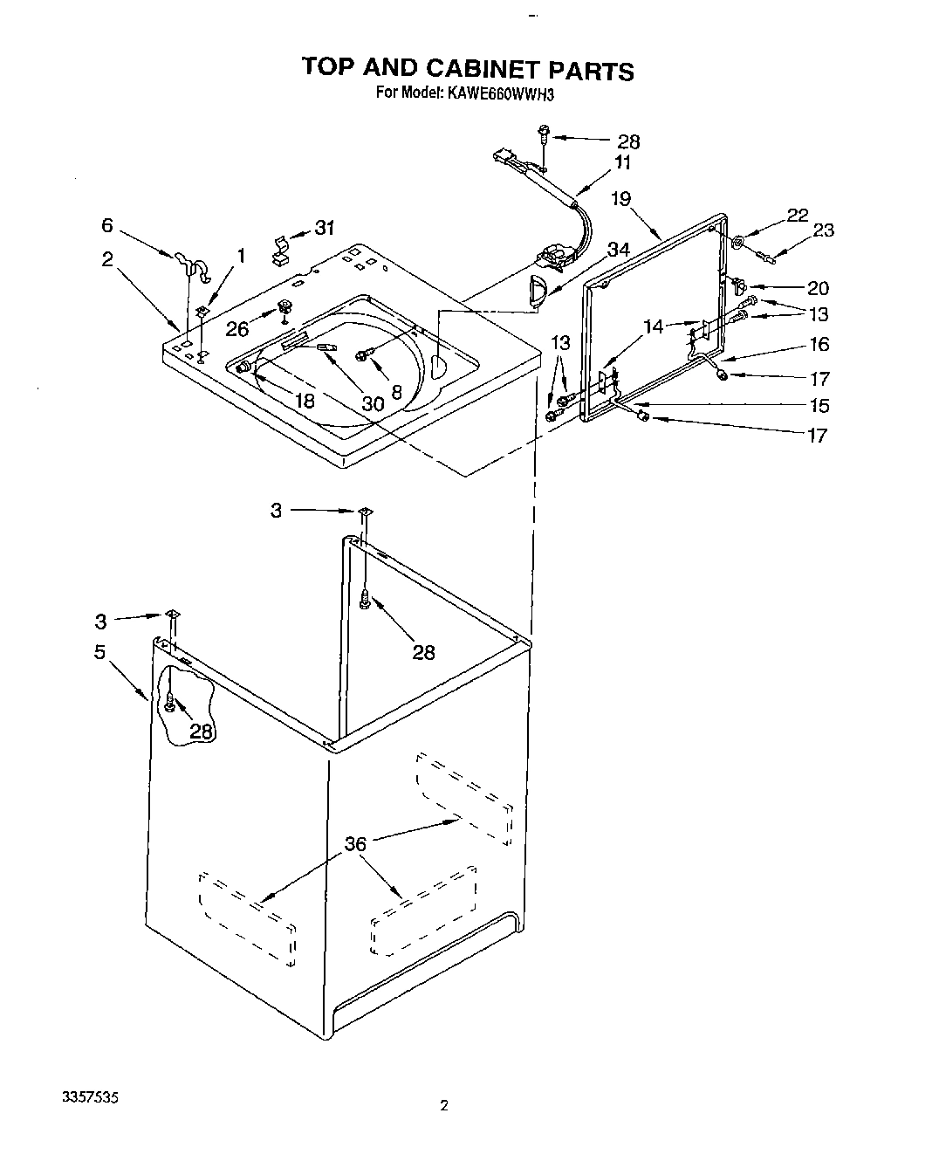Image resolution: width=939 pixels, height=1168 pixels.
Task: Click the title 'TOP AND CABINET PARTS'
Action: pyautogui.click(x=467, y=69)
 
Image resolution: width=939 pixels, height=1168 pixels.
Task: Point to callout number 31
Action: pyautogui.click(x=325, y=229)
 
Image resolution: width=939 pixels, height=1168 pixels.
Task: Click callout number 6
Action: pyautogui.click(x=107, y=225)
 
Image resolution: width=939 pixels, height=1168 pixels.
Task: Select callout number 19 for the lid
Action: pyautogui.click(x=620, y=198)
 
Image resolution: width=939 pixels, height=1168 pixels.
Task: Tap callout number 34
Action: pyautogui.click(x=618, y=249)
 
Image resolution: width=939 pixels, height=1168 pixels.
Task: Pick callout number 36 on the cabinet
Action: pyautogui.click(x=354, y=844)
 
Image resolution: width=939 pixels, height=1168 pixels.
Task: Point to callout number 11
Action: pyautogui.click(x=622, y=161)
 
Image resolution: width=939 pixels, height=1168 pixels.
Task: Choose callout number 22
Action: pyautogui.click(x=797, y=215)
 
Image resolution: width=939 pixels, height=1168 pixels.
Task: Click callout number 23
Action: pyautogui.click(x=823, y=230)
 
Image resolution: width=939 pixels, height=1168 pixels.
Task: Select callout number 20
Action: pyautogui.click(x=818, y=287)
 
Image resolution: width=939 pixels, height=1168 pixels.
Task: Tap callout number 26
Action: pyautogui.click(x=237, y=328)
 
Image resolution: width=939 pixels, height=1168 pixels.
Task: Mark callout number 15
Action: pyautogui.click(x=818, y=405)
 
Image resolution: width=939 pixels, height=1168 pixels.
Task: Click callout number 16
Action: pyautogui.click(x=819, y=344)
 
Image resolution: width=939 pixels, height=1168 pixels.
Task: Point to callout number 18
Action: pyautogui.click(x=305, y=401)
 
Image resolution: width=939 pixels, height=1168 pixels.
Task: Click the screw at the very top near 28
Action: pyautogui.click(x=543, y=134)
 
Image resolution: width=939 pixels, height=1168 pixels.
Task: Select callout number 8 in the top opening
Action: pyautogui.click(x=396, y=393)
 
